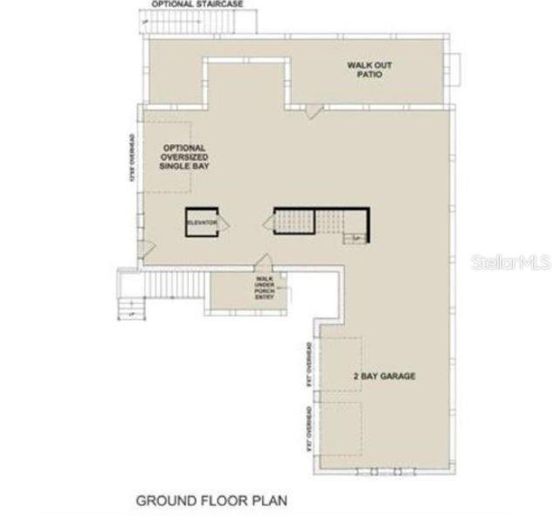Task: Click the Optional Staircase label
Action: pos(197,4)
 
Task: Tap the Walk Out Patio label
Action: pos(369,70)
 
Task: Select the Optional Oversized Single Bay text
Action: pos(184,157)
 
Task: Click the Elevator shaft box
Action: pos(201,222)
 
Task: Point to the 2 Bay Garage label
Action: pos(384,376)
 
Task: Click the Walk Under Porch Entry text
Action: pos(264,288)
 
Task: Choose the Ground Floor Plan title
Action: pos(212,501)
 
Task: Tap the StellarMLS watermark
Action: pos(511,262)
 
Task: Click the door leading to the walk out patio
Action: pos(312,111)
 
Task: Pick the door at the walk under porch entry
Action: pos(263,260)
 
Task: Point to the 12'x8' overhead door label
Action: pos(132,158)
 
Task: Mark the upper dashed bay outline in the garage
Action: pos(341,364)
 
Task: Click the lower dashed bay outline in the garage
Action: pos(341,428)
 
